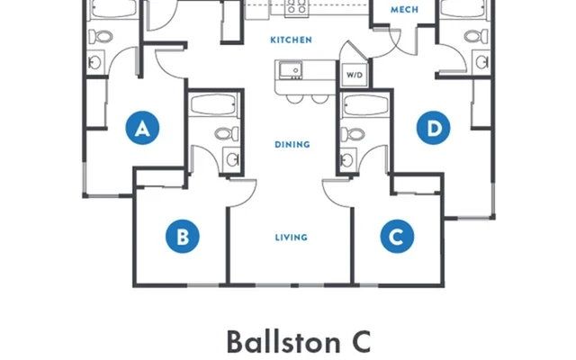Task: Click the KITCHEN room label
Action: tap(291, 40)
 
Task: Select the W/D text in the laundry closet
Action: tap(353, 75)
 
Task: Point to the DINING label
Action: tap(291, 144)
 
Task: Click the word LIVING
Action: tap(291, 238)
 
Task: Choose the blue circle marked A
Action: tap(140, 130)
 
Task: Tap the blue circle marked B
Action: tap(182, 238)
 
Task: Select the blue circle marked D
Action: tap(435, 130)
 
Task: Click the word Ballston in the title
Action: tap(276, 343)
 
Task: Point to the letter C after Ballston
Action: tap(357, 343)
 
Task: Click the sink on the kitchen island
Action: tap(290, 70)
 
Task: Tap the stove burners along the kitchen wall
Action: tap(296, 10)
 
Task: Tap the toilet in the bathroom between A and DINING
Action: tap(224, 135)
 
